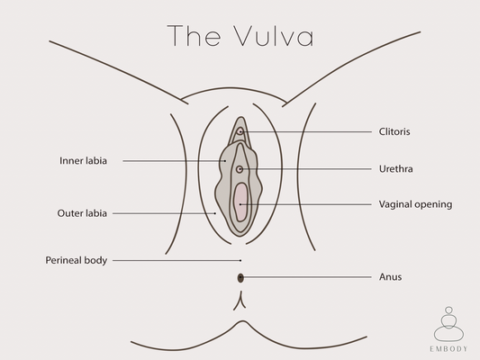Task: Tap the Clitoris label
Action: (396, 131)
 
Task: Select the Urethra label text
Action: (396, 168)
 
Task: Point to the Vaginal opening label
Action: (415, 204)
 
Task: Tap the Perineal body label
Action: (77, 260)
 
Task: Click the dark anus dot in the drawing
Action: (240, 277)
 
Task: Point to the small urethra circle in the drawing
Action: (240, 169)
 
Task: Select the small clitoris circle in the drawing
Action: (240, 132)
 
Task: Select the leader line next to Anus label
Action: (306, 277)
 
